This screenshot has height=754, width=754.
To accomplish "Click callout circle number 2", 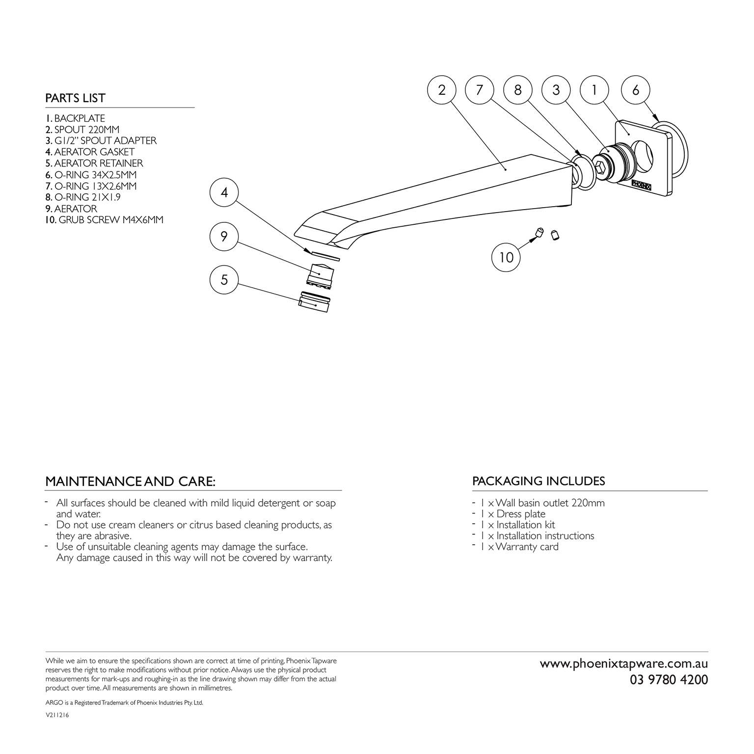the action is tap(442, 90).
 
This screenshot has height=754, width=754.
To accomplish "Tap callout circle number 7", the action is tap(480, 90).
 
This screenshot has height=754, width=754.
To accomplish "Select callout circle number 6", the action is tap(636, 90).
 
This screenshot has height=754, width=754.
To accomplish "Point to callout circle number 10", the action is tap(506, 257).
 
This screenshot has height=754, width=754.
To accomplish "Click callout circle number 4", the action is tap(224, 192).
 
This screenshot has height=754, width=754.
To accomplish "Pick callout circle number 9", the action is tap(224, 236).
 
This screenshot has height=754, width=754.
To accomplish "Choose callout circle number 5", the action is tap(224, 279).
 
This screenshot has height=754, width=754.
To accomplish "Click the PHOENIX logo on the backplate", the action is tap(644, 184).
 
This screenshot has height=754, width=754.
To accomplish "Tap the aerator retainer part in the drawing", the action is tap(314, 300).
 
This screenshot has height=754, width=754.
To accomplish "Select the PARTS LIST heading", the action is tap(75, 98).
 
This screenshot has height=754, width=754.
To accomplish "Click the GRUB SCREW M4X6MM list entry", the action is tap(104, 220).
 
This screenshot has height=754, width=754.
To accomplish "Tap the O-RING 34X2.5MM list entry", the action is tap(91, 175).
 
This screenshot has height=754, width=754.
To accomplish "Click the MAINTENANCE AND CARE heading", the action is tap(130, 482).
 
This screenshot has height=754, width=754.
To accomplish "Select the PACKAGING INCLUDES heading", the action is tap(539, 481).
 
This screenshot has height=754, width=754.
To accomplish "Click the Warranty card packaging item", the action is tap(520, 547).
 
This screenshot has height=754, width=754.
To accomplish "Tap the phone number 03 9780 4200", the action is tap(669, 680).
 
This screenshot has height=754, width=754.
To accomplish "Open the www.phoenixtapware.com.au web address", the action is tap(624, 664).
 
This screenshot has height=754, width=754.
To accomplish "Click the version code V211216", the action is tap(57, 716).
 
